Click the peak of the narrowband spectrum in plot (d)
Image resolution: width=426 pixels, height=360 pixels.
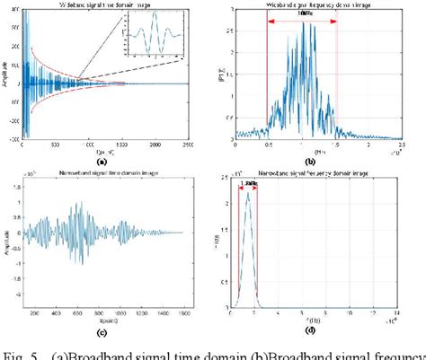click(247, 191)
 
